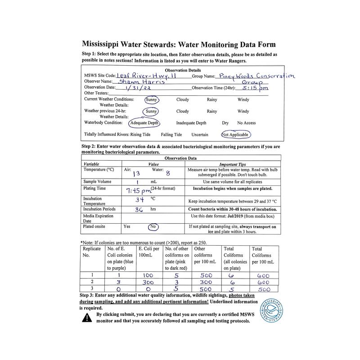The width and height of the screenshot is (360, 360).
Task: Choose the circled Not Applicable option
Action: point(235,134)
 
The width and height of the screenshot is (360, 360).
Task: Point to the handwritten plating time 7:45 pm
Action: point(137,190)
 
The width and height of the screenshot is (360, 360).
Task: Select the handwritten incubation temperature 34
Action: point(139,200)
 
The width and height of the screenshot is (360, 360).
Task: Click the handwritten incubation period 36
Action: point(140,209)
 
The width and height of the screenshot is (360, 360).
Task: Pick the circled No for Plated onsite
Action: point(153,227)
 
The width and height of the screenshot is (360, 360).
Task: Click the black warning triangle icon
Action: point(86,318)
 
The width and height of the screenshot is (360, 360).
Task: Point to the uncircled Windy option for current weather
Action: point(243,99)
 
